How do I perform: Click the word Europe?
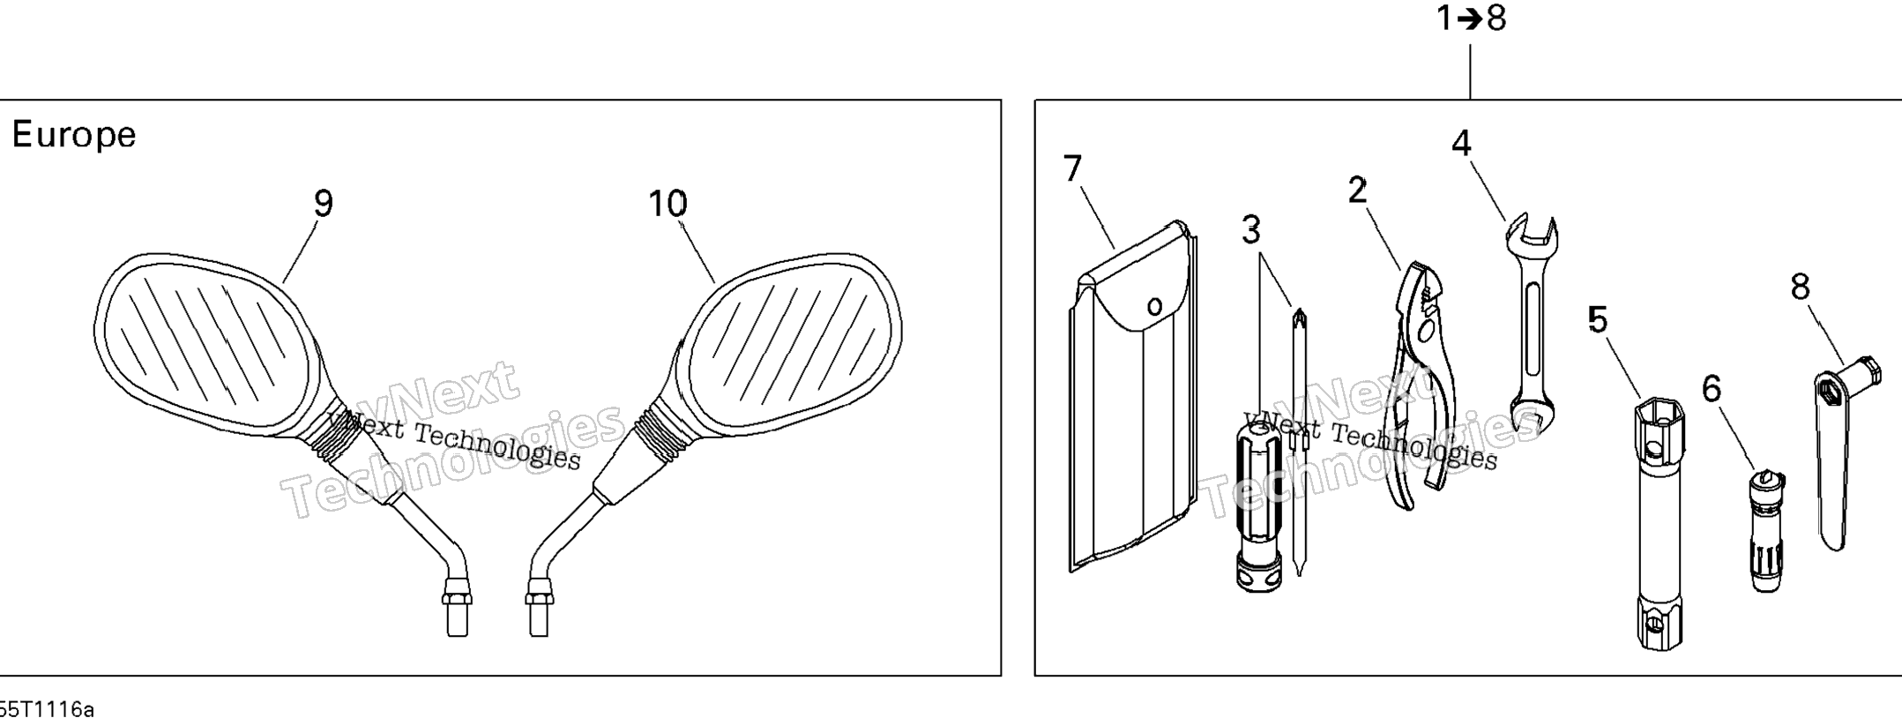tap(74, 136)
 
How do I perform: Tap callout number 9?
tap(324, 205)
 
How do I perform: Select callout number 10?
tap(668, 205)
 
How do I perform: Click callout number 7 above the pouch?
tap(1072, 168)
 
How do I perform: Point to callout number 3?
tap(1250, 231)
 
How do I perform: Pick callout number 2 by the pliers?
tap(1357, 190)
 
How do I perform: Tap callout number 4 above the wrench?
tap(1462, 143)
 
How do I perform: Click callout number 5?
tap(1598, 319)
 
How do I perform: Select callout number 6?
tap(1711, 388)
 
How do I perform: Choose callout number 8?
tap(1800, 287)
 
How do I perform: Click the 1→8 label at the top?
tap(1471, 18)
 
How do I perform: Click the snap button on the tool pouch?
tap(1154, 306)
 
